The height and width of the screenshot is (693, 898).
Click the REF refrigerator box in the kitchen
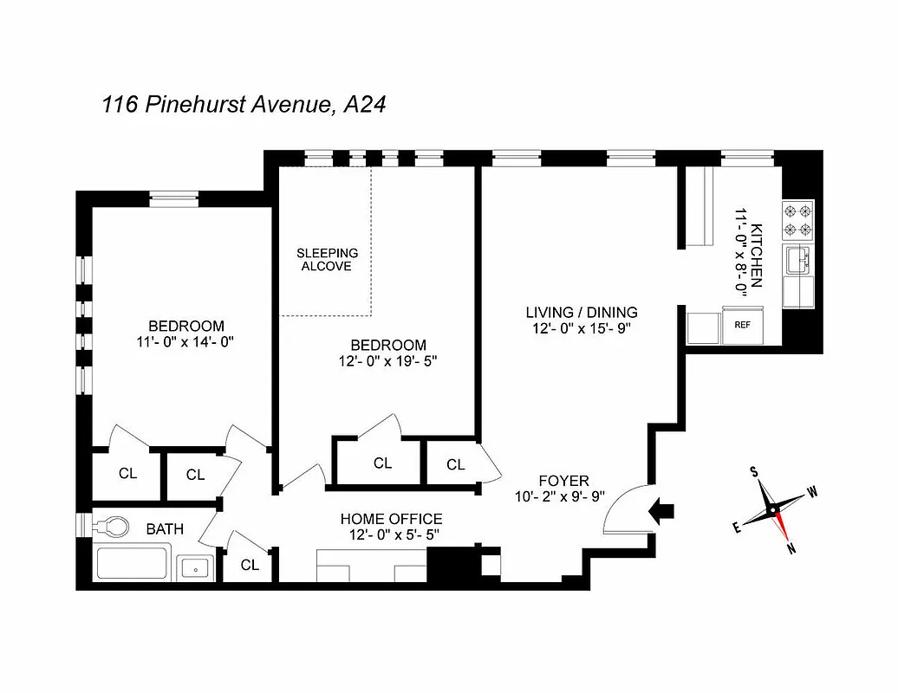[x=741, y=326]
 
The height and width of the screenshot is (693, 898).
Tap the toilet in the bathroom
[x=111, y=526]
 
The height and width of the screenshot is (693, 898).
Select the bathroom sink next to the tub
[x=196, y=568]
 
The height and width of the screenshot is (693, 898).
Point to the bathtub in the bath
[x=133, y=564]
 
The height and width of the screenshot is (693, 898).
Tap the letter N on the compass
[x=791, y=547]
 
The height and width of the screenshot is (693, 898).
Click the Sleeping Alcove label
[x=327, y=260]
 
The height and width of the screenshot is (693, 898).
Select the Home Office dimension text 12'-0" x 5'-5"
[x=390, y=534]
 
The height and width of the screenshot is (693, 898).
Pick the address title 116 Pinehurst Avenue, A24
[x=244, y=105]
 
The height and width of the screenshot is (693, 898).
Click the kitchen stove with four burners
[x=798, y=219]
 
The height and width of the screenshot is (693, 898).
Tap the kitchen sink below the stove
[x=798, y=259]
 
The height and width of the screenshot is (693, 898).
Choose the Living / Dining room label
[x=582, y=312]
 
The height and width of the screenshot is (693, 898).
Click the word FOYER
[x=563, y=481]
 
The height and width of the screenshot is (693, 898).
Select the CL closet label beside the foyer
[x=456, y=465]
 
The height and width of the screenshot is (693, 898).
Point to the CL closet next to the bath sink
[x=250, y=565]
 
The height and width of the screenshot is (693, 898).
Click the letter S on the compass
[x=754, y=472]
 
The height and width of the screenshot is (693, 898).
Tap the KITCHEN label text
[x=756, y=256]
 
